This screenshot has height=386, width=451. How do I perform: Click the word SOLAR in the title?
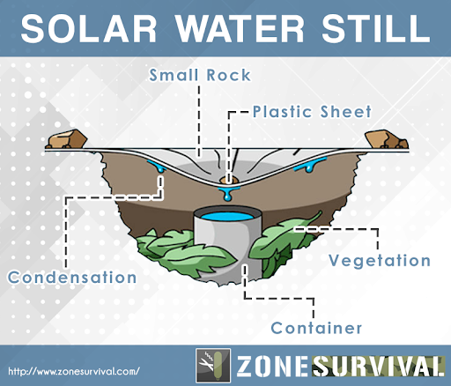[x=89, y=28]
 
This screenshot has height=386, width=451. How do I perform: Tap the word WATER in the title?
[x=240, y=28]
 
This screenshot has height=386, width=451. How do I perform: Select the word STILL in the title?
[x=376, y=28]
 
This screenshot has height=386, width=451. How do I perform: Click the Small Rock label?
[x=200, y=75]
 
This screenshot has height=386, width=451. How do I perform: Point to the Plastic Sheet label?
[x=312, y=112]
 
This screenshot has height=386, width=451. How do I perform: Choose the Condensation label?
[x=72, y=278]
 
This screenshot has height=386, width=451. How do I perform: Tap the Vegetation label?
[x=380, y=260]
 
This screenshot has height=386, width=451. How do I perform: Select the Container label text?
[x=316, y=328]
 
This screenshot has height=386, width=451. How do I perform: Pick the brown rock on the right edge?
[x=386, y=139]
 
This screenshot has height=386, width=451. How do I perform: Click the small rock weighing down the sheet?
[x=228, y=180]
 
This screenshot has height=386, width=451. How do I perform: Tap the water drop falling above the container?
[x=227, y=195]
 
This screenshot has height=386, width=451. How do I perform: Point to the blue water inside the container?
[x=227, y=217]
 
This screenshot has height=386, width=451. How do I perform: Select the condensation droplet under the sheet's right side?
[x=310, y=165]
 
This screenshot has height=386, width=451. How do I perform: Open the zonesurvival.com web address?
[x=74, y=371]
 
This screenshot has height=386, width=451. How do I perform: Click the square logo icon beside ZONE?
[x=213, y=365]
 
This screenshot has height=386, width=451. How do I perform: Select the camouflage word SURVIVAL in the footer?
[x=378, y=366]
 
